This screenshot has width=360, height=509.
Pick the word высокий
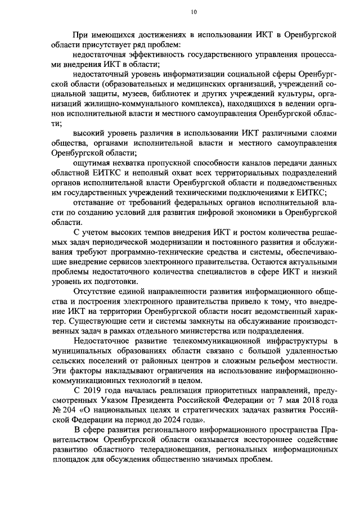[92, 133]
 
